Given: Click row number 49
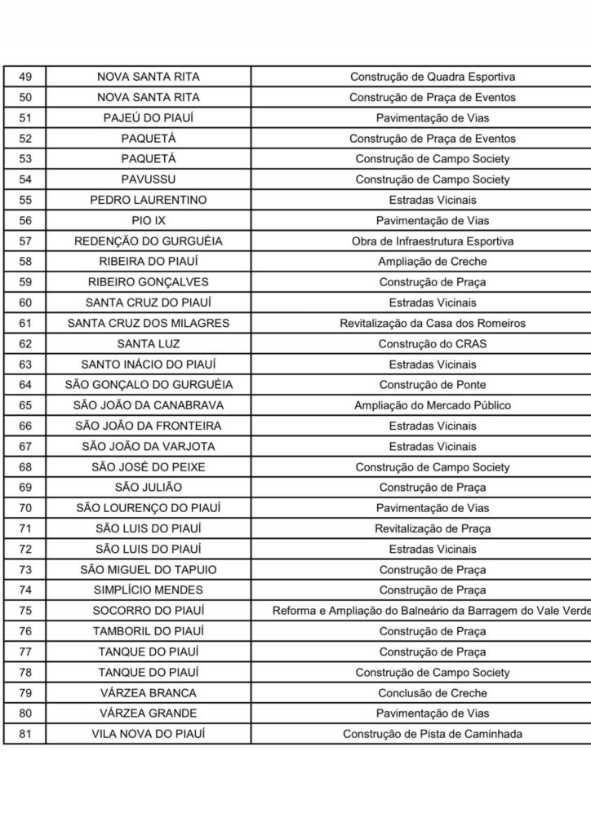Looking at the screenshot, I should [24, 77].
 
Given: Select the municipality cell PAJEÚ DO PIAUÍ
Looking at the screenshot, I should [148, 117].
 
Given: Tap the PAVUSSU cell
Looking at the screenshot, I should [148, 179].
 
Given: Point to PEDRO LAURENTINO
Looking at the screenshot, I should [148, 200].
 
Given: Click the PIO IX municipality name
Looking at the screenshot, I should [148, 220].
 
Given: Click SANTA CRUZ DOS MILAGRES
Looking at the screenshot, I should [148, 323].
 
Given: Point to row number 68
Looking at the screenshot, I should [24, 467].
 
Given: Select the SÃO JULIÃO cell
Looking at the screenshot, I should [148, 488].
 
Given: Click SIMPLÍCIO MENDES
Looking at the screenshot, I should [148, 590].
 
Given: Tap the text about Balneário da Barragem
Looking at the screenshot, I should [432, 611].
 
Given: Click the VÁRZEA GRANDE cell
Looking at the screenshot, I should [148, 714].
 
